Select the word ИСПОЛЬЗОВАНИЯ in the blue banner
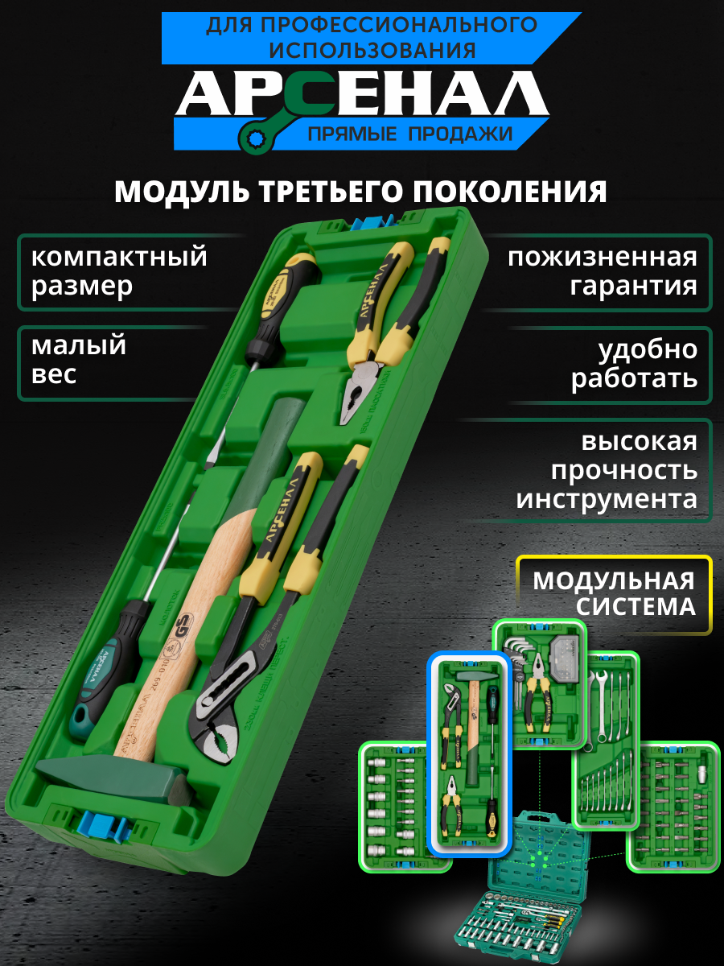(372, 50)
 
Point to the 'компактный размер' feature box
(121, 271)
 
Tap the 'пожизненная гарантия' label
(602, 271)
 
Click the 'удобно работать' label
(634, 364)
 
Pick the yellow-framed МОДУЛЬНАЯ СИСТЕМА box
(614, 593)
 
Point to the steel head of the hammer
(113, 779)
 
